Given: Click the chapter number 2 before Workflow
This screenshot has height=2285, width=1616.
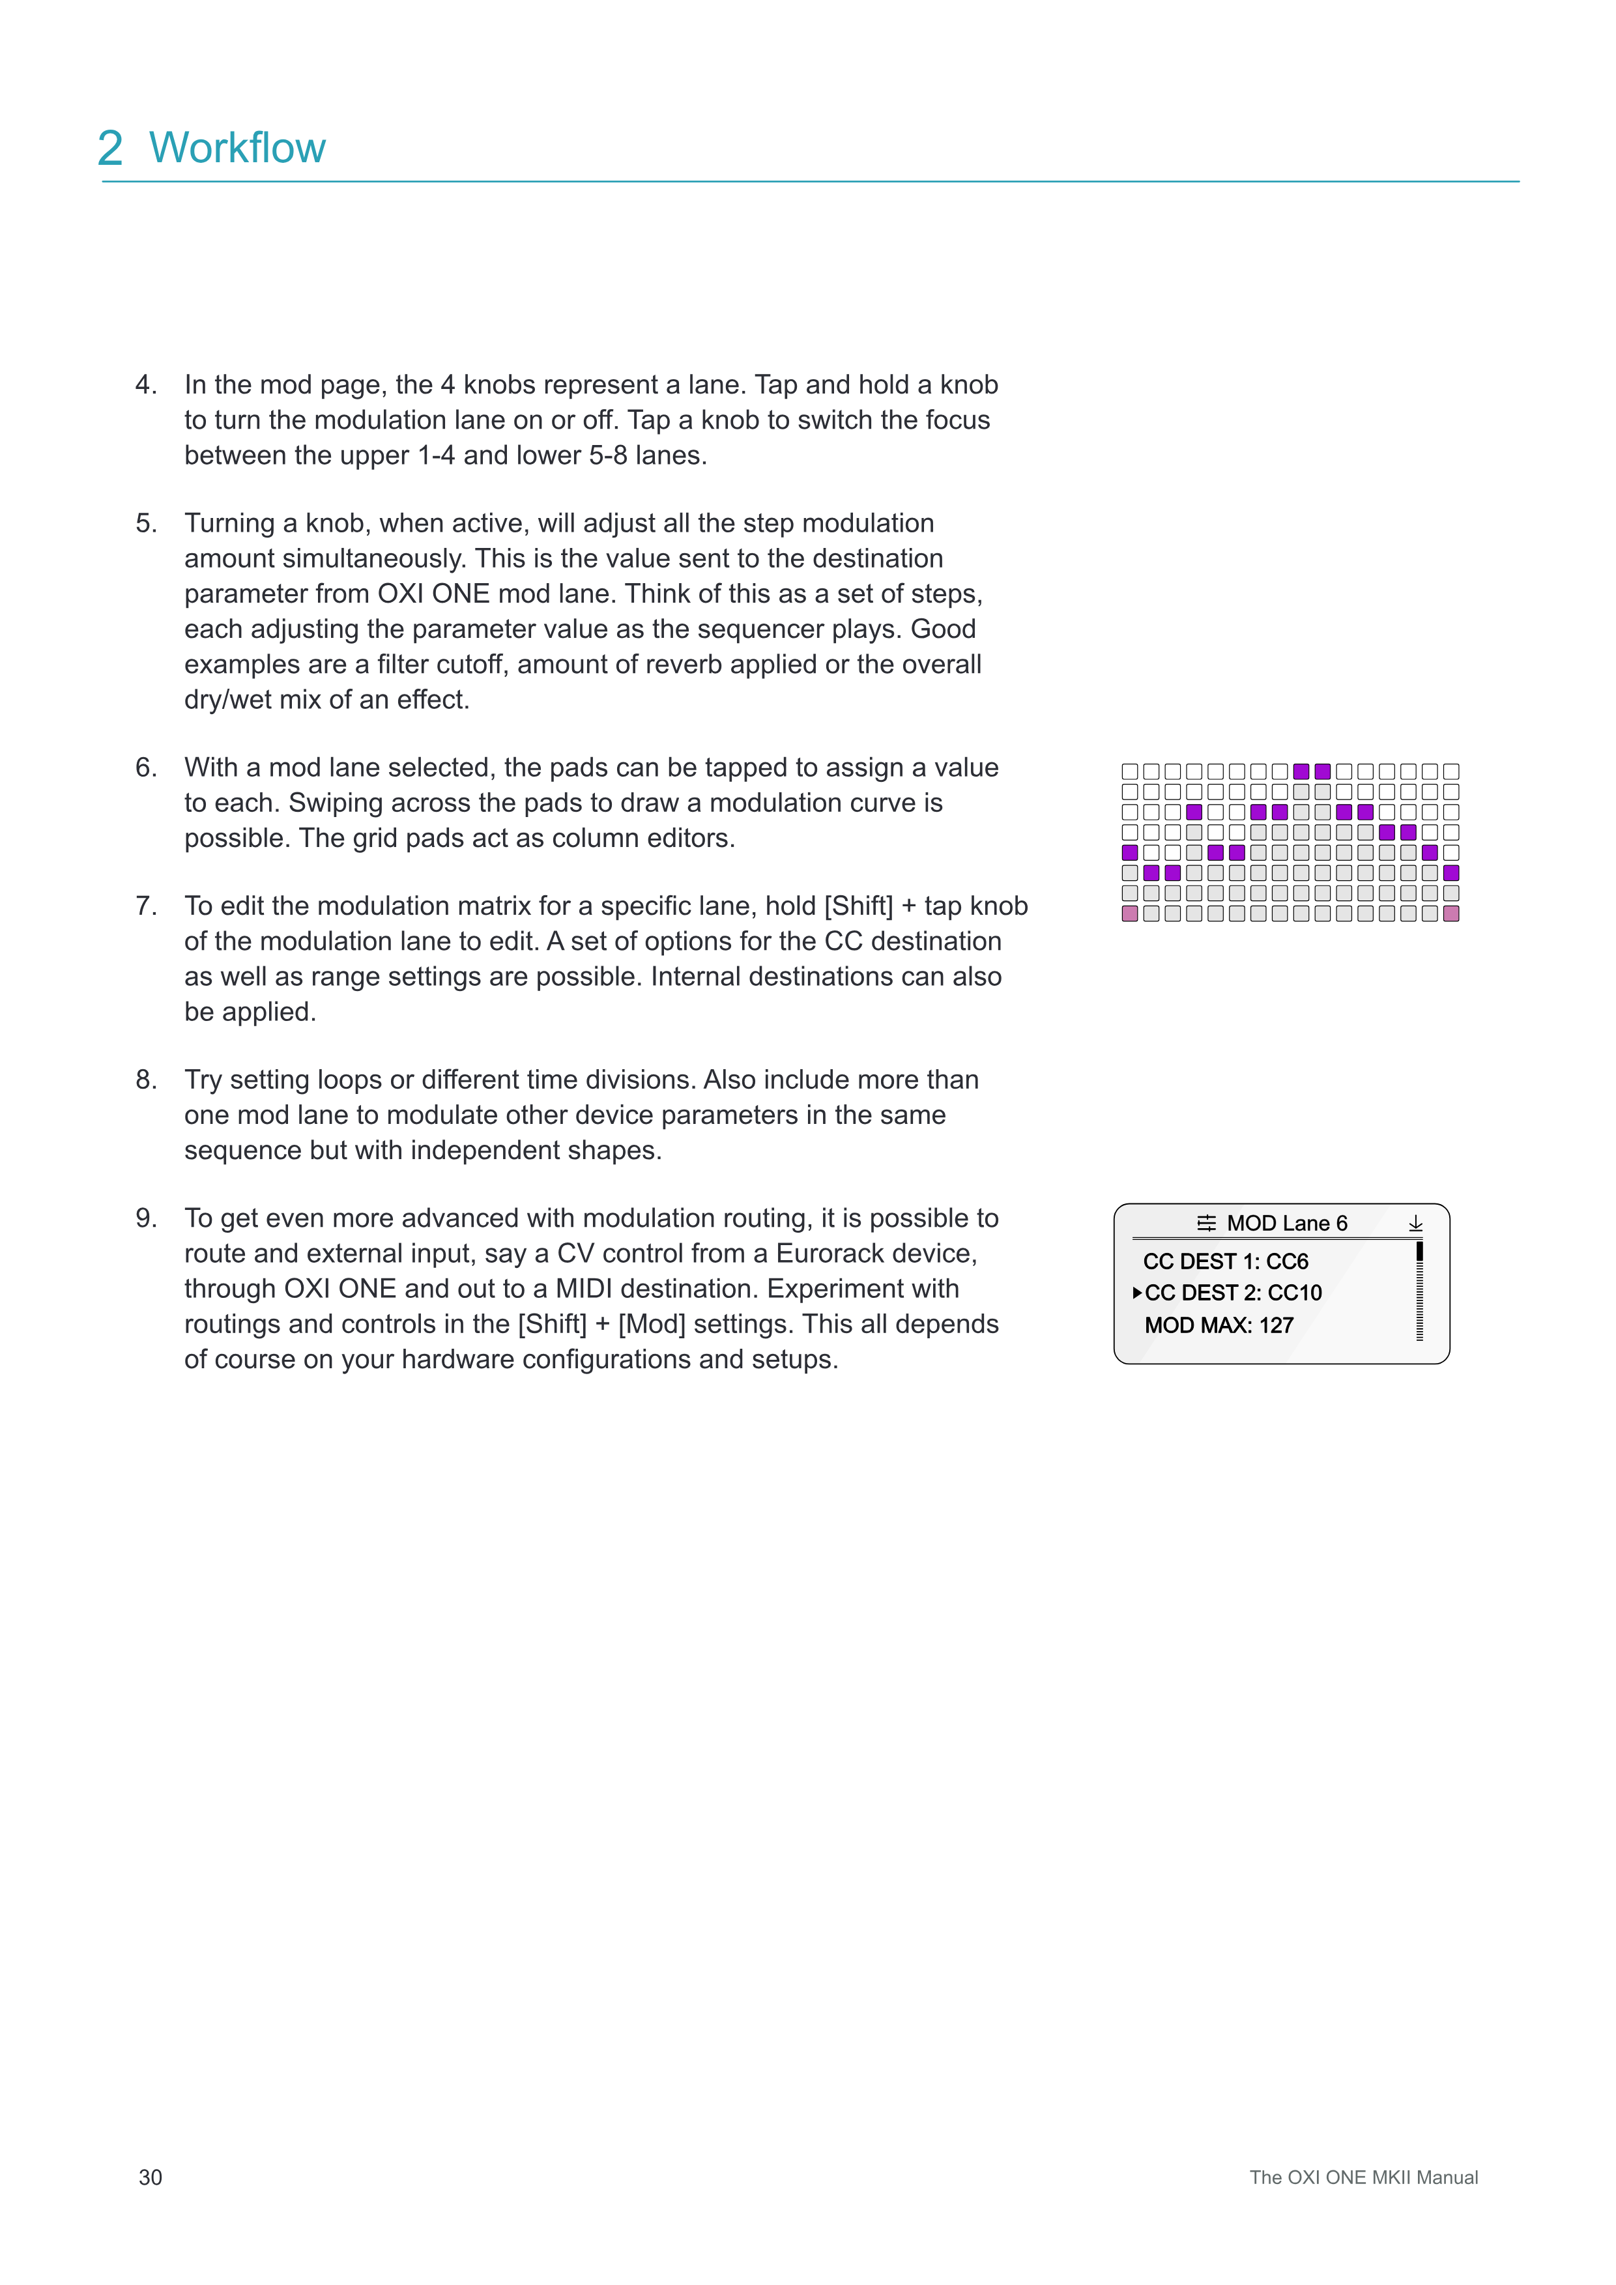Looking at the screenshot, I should tap(111, 149).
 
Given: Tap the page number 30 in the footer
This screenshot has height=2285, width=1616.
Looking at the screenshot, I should tap(151, 2177).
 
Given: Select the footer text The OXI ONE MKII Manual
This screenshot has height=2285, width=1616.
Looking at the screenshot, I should tap(1363, 2177).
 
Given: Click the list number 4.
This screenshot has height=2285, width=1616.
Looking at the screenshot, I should tap(145, 385).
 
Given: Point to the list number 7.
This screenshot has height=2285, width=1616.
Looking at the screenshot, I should tap(145, 906).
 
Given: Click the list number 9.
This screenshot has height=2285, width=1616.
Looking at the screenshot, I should tap(145, 1218).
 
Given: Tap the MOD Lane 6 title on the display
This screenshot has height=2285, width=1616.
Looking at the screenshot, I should tap(1287, 1223).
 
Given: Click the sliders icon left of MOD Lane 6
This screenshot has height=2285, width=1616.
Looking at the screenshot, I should tap(1206, 1223).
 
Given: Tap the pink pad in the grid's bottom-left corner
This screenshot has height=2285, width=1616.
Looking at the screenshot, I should tap(1129, 913).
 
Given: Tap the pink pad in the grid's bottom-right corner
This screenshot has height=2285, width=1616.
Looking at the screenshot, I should tap(1451, 913).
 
